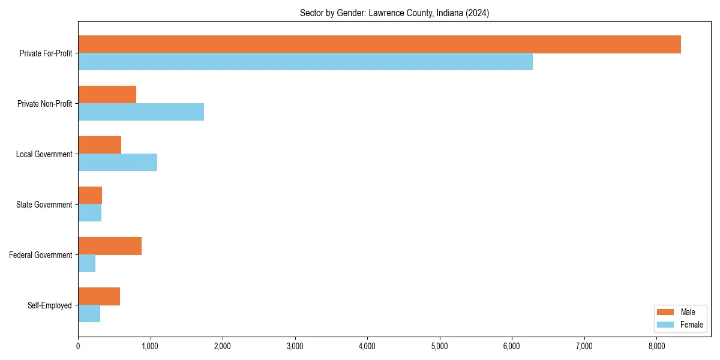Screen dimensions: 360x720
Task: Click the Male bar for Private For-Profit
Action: (x=379, y=44)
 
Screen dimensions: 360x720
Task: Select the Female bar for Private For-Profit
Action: (x=305, y=62)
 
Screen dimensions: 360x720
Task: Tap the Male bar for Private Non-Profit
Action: (x=107, y=95)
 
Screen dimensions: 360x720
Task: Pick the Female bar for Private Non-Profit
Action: (x=141, y=112)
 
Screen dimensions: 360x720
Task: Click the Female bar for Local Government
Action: (x=118, y=163)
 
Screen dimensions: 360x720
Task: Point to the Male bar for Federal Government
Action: (x=110, y=246)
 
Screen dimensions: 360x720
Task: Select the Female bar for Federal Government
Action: (x=86, y=263)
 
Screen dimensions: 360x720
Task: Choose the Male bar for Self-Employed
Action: (x=99, y=296)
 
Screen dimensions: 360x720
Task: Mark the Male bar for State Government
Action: (x=90, y=196)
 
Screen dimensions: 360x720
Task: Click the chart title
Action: (x=394, y=13)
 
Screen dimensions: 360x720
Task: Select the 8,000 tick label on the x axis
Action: (x=656, y=346)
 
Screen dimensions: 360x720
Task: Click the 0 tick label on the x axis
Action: (x=78, y=346)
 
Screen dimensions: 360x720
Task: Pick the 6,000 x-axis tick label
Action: (x=512, y=346)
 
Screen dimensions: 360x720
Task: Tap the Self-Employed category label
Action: (x=50, y=305)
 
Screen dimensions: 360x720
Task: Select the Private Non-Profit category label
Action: (x=44, y=104)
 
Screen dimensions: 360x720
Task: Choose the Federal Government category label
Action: (x=41, y=255)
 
